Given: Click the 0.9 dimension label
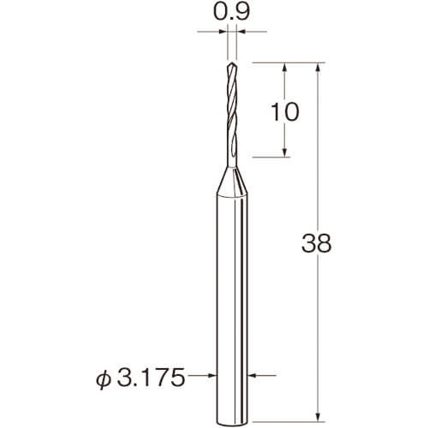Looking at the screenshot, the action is (x=232, y=12).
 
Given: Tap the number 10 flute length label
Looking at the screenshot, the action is (x=285, y=111).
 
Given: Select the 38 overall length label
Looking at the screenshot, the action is (x=317, y=243).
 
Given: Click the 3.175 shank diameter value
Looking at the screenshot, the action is (x=151, y=377).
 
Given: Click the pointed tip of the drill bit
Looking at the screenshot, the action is (x=232, y=62).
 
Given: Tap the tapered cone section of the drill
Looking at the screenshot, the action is (x=232, y=181).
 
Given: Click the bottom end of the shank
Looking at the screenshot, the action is (x=232, y=422).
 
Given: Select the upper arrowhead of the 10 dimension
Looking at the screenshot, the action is (x=284, y=68).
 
